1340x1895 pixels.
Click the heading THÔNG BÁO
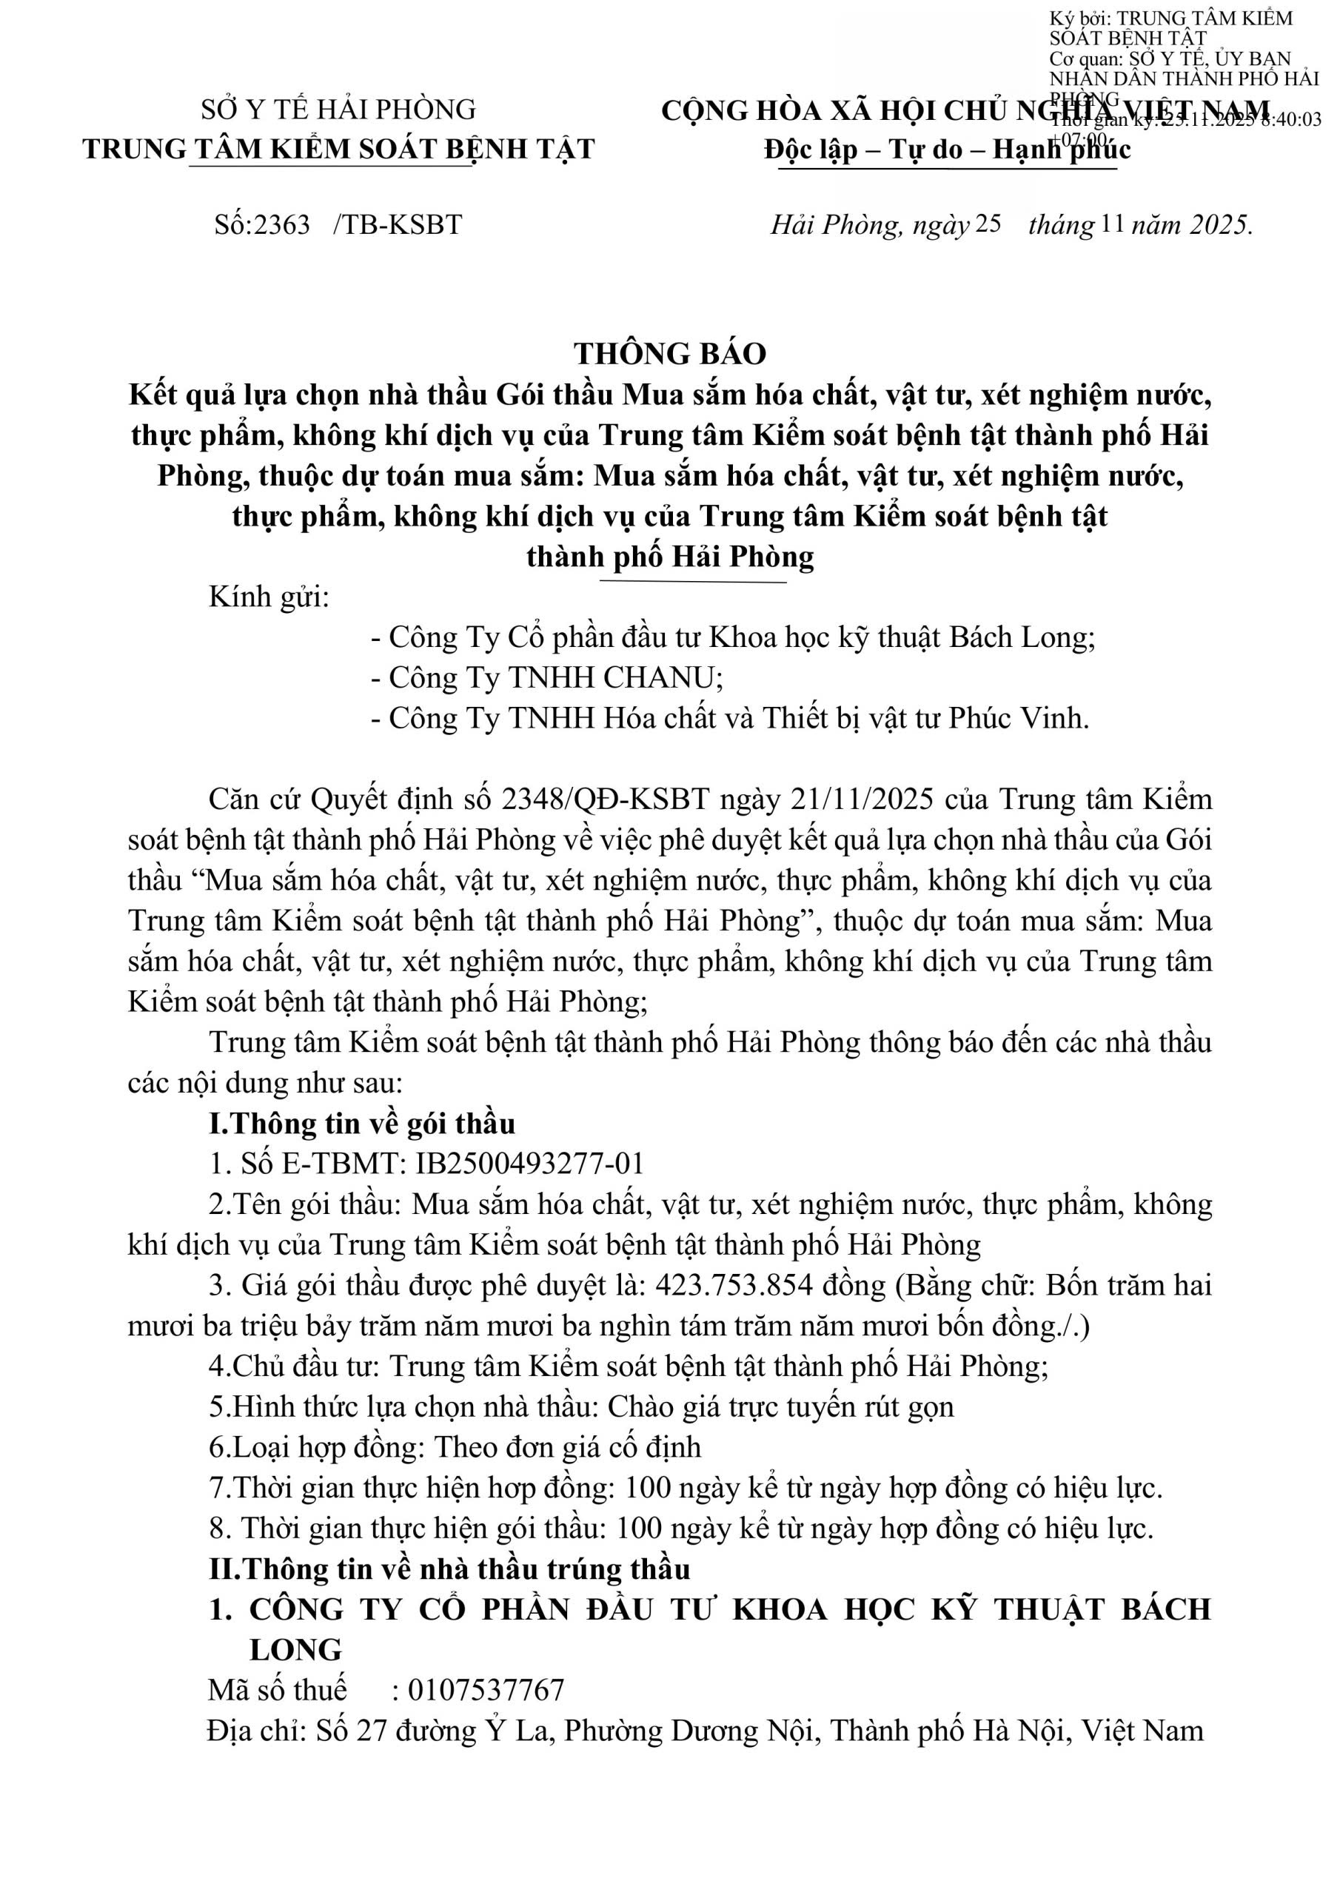(x=669, y=354)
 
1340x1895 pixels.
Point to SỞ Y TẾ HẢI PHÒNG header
(x=338, y=110)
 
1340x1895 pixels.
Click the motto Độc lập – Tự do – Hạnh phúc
(x=947, y=150)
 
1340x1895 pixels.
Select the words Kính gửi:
(x=269, y=597)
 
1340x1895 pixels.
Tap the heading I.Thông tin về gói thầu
(x=363, y=1123)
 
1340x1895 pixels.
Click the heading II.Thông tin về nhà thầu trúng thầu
(x=449, y=1568)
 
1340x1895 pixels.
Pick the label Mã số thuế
(x=278, y=1689)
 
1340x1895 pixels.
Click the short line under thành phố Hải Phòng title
(x=694, y=582)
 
